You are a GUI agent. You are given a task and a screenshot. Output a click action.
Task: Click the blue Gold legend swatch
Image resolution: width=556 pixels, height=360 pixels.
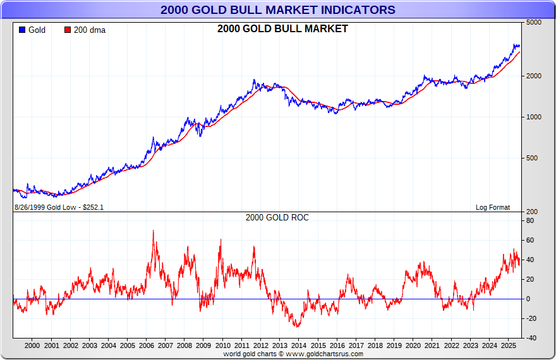click(x=21, y=30)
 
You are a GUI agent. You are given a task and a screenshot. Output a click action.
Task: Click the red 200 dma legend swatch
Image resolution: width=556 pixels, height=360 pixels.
click(x=68, y=30)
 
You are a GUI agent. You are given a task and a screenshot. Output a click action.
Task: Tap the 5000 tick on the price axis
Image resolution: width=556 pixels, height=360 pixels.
click(x=534, y=22)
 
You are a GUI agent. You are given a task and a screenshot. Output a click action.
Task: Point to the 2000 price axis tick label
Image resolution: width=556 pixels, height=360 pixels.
click(x=534, y=76)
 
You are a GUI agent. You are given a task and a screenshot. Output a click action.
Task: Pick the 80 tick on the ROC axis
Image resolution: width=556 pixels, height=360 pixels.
click(x=530, y=221)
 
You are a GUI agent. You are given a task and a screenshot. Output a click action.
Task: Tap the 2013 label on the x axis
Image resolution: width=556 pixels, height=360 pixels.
click(x=279, y=346)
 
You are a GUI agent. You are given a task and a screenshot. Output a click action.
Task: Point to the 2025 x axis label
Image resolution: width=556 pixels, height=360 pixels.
click(x=508, y=346)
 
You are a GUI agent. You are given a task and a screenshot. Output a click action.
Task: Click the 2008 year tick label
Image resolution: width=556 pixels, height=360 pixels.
click(x=184, y=346)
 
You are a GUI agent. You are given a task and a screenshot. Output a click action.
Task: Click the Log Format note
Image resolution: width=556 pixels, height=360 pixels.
click(x=493, y=207)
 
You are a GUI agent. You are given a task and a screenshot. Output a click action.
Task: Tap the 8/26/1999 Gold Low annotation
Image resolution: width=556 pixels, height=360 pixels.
click(x=59, y=207)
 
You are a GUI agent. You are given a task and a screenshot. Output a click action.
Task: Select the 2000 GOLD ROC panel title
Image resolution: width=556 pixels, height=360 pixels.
click(x=277, y=217)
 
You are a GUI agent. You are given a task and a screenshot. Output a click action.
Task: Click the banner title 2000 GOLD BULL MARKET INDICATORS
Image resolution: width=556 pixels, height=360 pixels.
click(x=278, y=10)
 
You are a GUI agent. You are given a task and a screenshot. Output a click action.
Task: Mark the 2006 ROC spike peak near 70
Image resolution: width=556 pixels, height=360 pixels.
click(x=153, y=231)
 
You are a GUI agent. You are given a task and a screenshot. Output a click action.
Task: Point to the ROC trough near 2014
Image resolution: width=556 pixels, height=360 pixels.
click(x=296, y=326)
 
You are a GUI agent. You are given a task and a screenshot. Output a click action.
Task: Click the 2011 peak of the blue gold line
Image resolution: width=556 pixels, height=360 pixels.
click(x=254, y=80)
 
